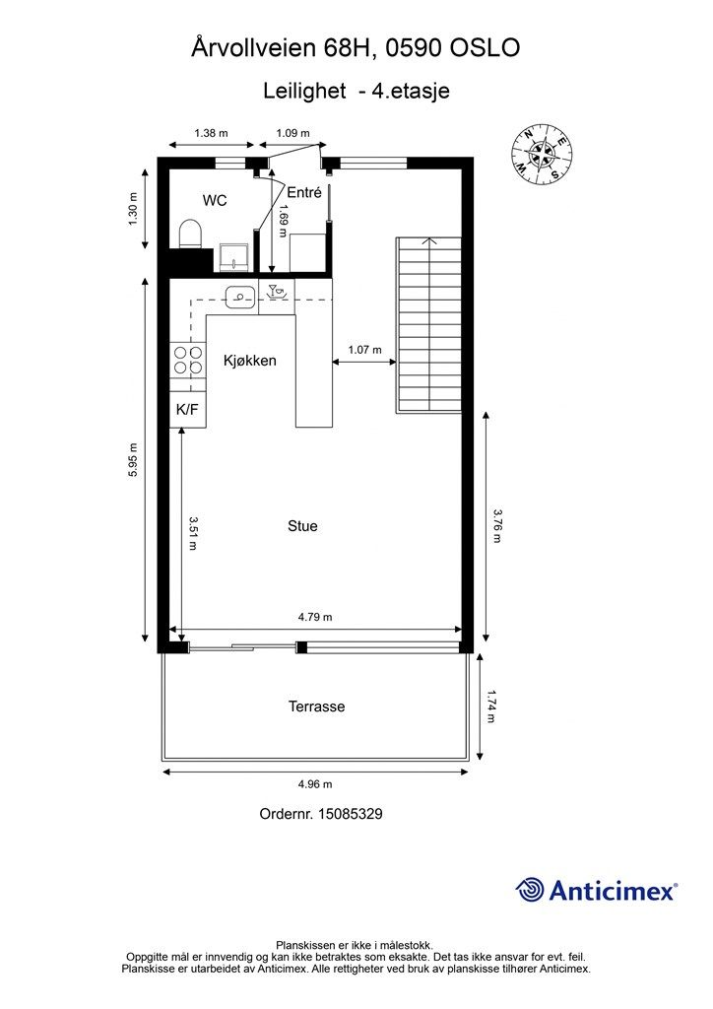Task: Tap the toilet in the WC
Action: (190, 234)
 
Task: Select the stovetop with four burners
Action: (188, 361)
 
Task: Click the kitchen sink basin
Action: (240, 297)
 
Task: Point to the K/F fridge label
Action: (187, 409)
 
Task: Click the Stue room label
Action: (302, 526)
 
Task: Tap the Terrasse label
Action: (316, 706)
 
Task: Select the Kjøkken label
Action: (250, 361)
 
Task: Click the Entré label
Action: (304, 192)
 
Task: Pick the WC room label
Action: (215, 201)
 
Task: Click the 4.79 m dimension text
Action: (315, 617)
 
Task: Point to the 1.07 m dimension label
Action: (364, 350)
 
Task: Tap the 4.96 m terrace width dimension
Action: (315, 783)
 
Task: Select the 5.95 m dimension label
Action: (133, 460)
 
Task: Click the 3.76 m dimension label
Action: (496, 526)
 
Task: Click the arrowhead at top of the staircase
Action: (428, 241)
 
